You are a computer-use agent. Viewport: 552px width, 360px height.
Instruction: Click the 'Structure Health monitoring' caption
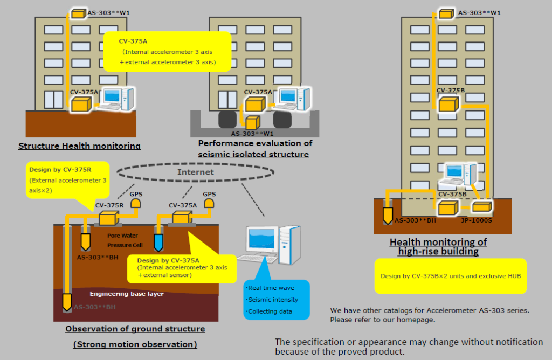coord(79,146)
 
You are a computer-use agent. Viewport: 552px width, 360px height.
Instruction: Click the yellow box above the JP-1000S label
coord(481,206)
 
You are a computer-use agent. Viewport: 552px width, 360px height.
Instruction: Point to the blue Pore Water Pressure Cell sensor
coord(158,242)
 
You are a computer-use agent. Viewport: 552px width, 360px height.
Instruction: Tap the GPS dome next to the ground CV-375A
coord(209,203)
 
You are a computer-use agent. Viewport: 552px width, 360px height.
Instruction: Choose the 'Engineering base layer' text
coord(127,294)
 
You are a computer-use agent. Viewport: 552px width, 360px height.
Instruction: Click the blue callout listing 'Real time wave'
coord(277,300)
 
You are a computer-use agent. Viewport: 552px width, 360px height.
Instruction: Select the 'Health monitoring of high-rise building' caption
coord(438,247)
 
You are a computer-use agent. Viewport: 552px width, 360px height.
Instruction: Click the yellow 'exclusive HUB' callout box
coord(450,276)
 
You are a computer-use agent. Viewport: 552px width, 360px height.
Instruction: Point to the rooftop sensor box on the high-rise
coord(445,13)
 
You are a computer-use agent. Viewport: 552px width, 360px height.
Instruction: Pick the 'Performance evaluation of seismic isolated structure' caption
coord(255,149)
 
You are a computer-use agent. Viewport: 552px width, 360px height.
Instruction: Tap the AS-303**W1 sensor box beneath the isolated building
coord(253,122)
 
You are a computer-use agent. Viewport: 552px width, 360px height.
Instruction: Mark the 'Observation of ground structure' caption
coord(135,329)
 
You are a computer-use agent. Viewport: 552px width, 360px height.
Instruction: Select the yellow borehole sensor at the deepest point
coord(67,302)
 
